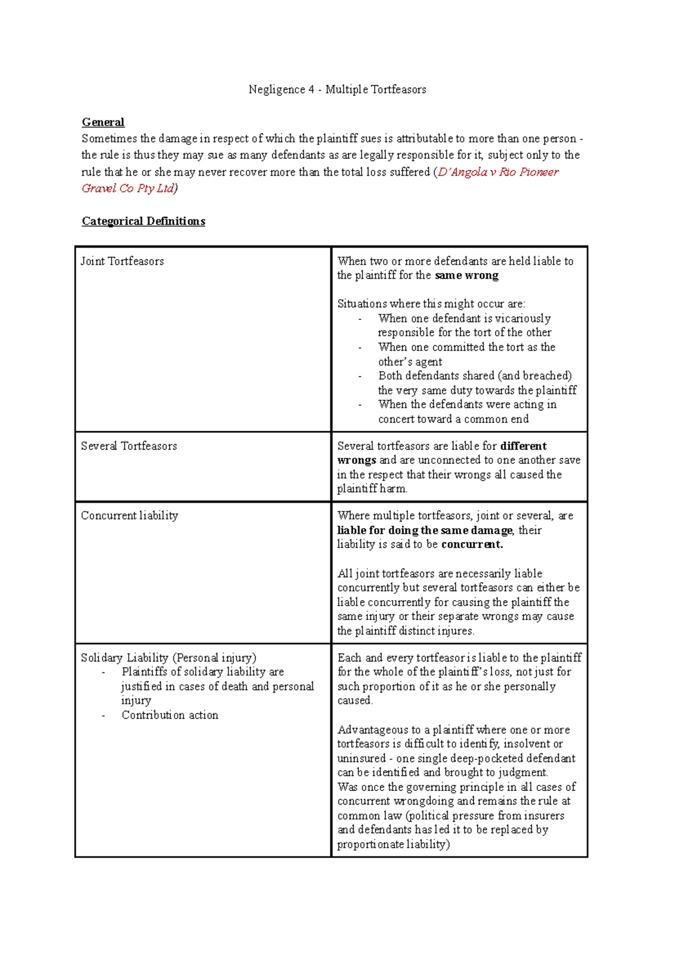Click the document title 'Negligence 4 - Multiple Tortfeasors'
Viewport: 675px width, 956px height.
(x=337, y=90)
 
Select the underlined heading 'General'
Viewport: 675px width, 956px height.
(x=103, y=122)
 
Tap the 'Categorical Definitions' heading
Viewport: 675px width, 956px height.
(x=143, y=221)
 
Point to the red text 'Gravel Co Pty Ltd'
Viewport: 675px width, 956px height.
(x=128, y=188)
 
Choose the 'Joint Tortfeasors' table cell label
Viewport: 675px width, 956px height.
(x=122, y=261)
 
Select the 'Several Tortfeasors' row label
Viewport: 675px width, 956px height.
(x=129, y=446)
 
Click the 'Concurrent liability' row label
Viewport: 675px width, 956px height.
(x=129, y=515)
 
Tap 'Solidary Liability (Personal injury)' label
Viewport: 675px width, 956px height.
(x=168, y=658)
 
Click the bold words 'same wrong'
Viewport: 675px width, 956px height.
(x=466, y=275)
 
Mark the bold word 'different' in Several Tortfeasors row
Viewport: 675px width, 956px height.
(x=523, y=446)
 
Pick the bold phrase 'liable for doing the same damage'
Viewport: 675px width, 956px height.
(x=425, y=530)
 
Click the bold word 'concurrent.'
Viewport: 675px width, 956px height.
(x=472, y=544)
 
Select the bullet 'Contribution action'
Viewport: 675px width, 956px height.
(x=170, y=715)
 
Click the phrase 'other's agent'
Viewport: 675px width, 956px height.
(x=410, y=362)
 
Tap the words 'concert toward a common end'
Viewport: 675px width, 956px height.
(x=453, y=419)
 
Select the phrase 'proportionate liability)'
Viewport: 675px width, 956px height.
(x=393, y=844)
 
